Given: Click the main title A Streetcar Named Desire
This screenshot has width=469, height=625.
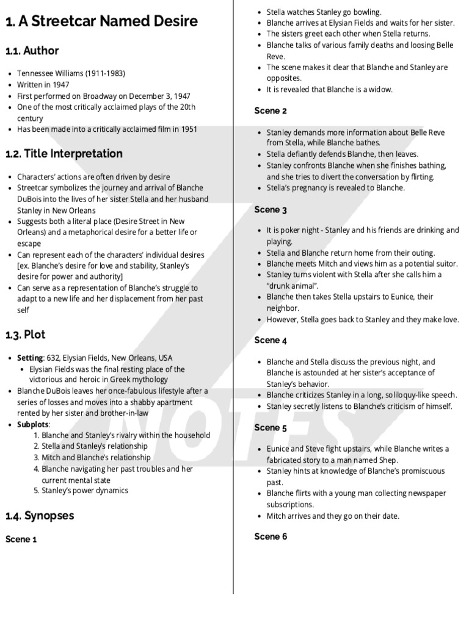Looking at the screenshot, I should (x=101, y=22).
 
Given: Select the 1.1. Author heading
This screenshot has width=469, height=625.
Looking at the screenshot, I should (x=32, y=51).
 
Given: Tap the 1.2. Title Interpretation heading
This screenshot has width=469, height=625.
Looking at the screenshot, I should (x=64, y=154).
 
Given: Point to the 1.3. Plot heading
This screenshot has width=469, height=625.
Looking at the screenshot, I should (x=25, y=335).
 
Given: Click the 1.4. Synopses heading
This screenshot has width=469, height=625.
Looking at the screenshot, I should (x=40, y=516).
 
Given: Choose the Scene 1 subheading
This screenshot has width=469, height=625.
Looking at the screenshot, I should (x=21, y=540).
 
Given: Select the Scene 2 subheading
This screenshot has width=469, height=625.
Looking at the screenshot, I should (x=271, y=111).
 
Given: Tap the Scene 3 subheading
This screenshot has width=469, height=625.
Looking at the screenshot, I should (x=271, y=210).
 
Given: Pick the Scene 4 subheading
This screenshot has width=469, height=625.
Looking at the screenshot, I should (x=271, y=341).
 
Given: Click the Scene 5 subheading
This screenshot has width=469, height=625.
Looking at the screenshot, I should (x=271, y=428).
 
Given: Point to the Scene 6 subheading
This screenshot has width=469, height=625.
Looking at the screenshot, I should (x=271, y=537).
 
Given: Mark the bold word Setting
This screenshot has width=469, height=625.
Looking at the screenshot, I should (x=30, y=358).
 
